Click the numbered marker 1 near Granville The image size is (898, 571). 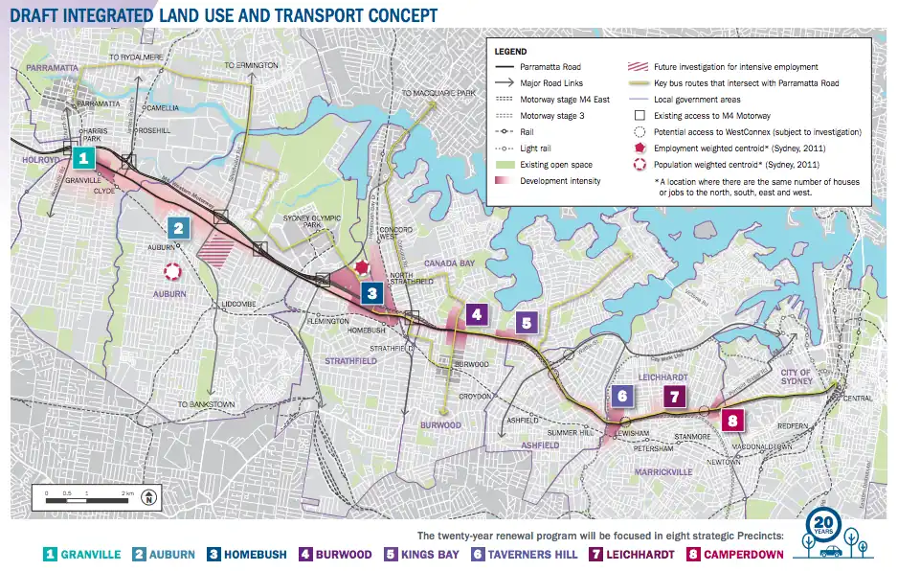click(x=85, y=158)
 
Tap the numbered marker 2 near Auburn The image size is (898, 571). click(x=177, y=228)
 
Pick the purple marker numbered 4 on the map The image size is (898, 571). click(x=476, y=313)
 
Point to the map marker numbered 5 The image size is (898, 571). click(x=526, y=323)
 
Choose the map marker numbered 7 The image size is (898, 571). click(x=675, y=397)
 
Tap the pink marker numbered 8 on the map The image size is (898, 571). click(x=732, y=420)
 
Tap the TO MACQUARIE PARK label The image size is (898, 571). click(x=438, y=93)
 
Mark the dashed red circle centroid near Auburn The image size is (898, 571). click(x=172, y=272)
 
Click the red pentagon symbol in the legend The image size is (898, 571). click(x=639, y=148)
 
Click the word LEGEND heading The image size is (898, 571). click(x=513, y=51)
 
